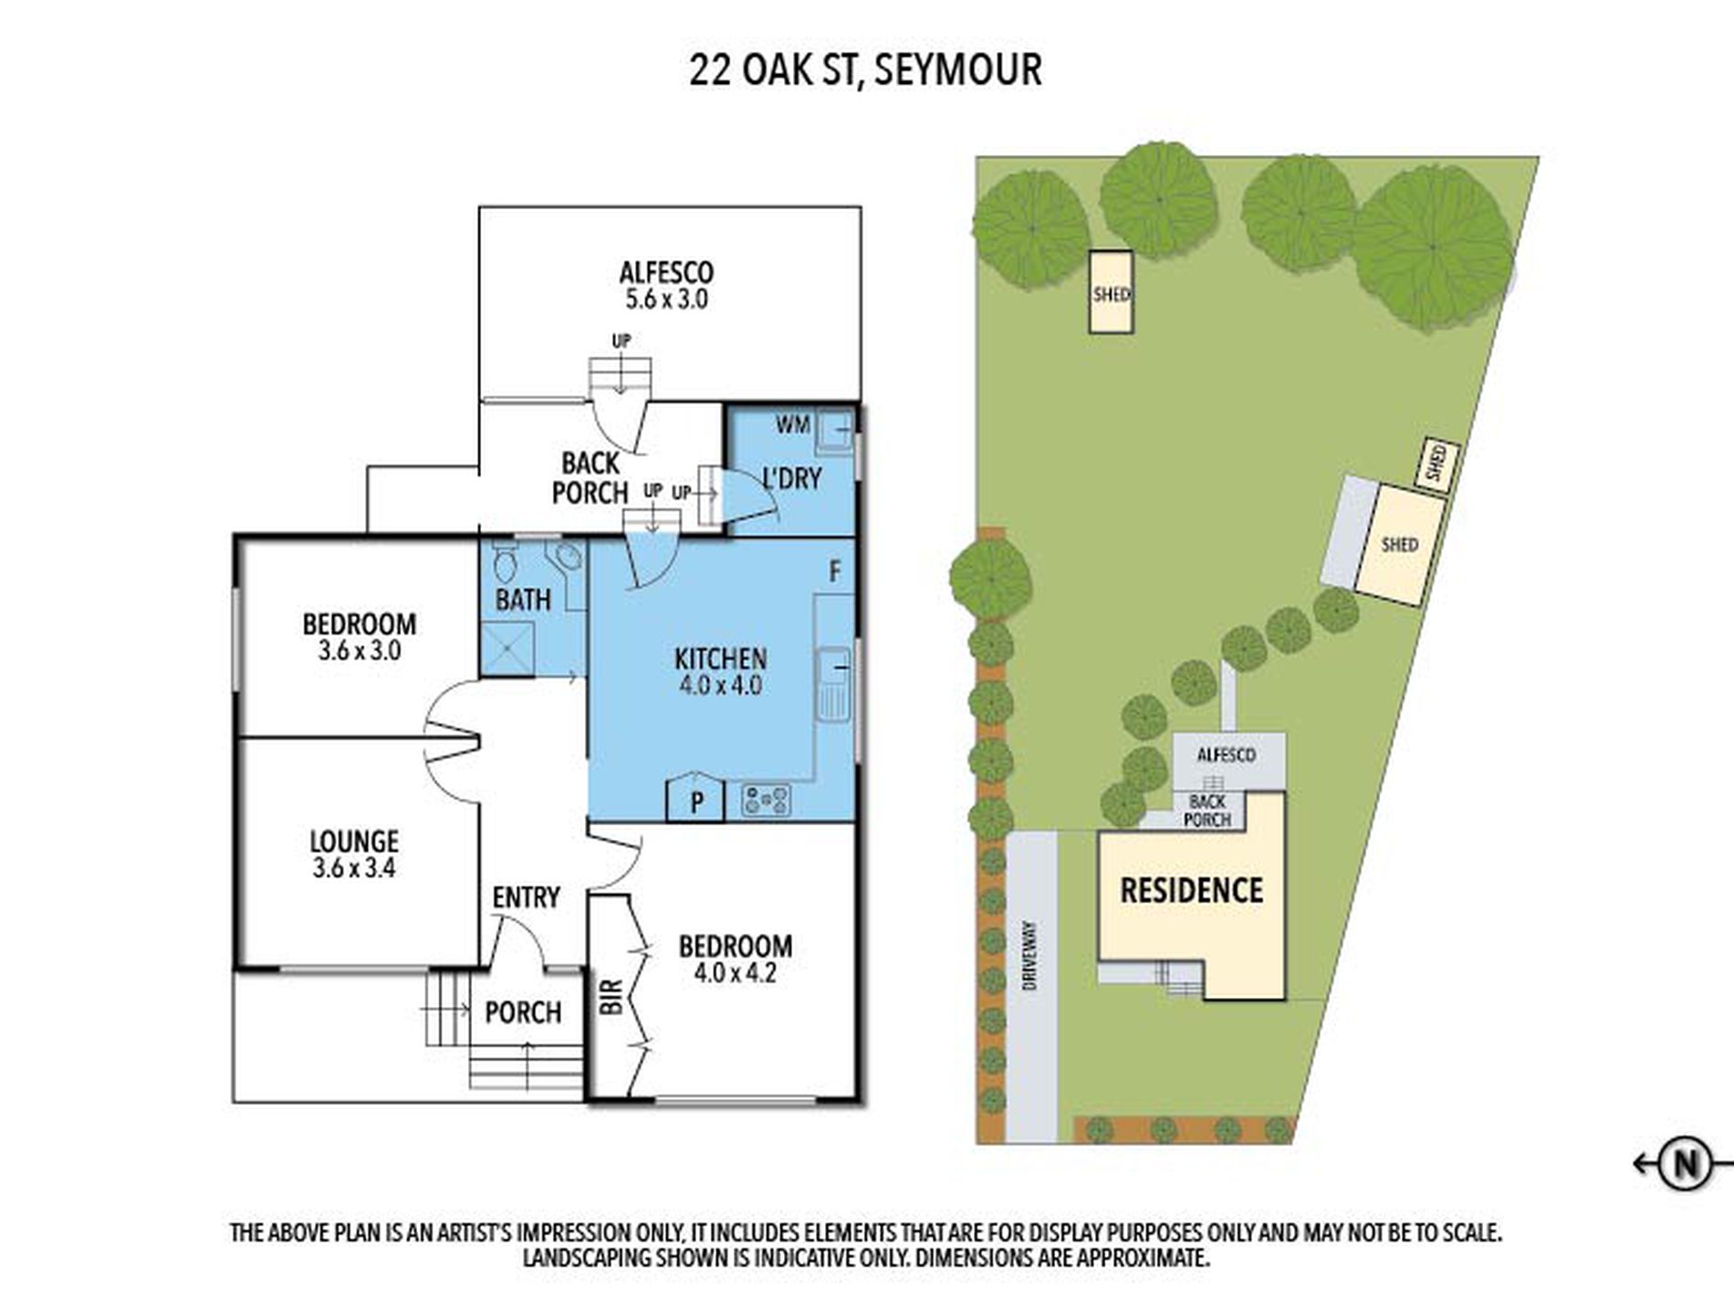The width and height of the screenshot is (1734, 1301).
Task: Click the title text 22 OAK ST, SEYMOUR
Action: tap(865, 70)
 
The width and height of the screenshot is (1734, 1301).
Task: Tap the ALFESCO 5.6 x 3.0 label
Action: tap(666, 286)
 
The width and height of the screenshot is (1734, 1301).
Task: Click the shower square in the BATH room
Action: tap(507, 647)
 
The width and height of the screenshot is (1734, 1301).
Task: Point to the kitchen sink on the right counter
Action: tap(833, 683)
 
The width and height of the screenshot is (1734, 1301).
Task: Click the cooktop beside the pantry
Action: tap(766, 801)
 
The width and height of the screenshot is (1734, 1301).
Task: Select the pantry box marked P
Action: tap(696, 801)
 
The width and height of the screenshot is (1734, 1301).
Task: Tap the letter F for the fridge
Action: tap(834, 572)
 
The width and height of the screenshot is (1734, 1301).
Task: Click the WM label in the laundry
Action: tap(792, 424)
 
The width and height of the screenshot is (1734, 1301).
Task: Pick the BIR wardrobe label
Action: tap(612, 996)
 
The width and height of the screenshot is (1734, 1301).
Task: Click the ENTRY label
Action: tap(526, 897)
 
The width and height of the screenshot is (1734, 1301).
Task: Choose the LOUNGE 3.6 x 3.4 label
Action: tap(354, 853)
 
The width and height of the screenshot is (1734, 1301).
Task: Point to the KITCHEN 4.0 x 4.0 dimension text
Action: tap(720, 686)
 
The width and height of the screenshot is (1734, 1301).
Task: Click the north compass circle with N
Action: tap(1684, 1163)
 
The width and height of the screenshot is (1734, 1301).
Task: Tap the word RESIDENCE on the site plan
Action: tap(1191, 890)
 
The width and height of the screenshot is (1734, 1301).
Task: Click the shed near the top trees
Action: tap(1111, 292)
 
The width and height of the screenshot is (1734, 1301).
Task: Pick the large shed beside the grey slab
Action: tap(1399, 545)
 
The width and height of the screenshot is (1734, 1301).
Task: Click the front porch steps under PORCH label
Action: tap(527, 1067)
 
